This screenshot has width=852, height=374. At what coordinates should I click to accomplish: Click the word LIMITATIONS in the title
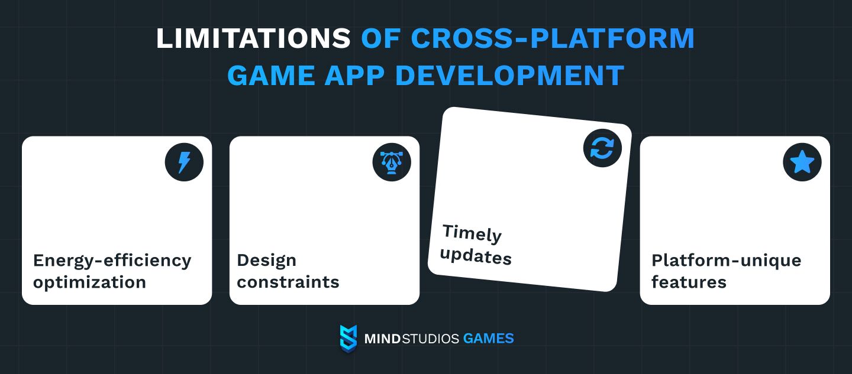pyautogui.click(x=253, y=38)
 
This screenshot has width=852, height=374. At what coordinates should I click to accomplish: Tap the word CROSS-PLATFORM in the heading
pyautogui.click(x=553, y=38)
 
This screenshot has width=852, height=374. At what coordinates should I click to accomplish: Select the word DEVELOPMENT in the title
pyautogui.click(x=509, y=75)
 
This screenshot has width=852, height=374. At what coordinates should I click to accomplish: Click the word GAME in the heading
pyautogui.click(x=271, y=75)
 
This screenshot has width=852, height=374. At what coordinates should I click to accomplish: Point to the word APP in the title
pyautogui.click(x=354, y=75)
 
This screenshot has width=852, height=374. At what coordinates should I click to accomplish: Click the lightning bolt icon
pyautogui.click(x=184, y=162)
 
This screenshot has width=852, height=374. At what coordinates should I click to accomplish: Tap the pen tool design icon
pyautogui.click(x=392, y=162)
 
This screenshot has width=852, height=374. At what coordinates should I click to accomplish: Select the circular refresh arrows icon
pyautogui.click(x=602, y=148)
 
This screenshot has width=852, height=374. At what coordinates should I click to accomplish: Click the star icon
pyautogui.click(x=802, y=162)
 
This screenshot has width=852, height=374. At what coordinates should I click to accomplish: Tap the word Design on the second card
pyautogui.click(x=266, y=261)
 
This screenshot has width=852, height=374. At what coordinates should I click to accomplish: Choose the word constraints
pyautogui.click(x=288, y=282)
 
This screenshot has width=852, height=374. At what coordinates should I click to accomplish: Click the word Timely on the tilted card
pyautogui.click(x=472, y=233)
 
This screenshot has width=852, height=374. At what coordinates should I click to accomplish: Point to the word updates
pyautogui.click(x=476, y=256)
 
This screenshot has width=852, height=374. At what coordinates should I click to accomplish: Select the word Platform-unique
pyautogui.click(x=727, y=261)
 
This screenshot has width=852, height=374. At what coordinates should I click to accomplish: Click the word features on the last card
pyautogui.click(x=689, y=282)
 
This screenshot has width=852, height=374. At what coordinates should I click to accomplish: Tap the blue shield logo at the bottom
pyautogui.click(x=348, y=339)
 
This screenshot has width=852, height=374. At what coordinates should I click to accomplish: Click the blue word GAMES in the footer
pyautogui.click(x=488, y=339)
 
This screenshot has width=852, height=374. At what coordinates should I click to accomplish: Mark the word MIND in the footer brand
pyautogui.click(x=382, y=339)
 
